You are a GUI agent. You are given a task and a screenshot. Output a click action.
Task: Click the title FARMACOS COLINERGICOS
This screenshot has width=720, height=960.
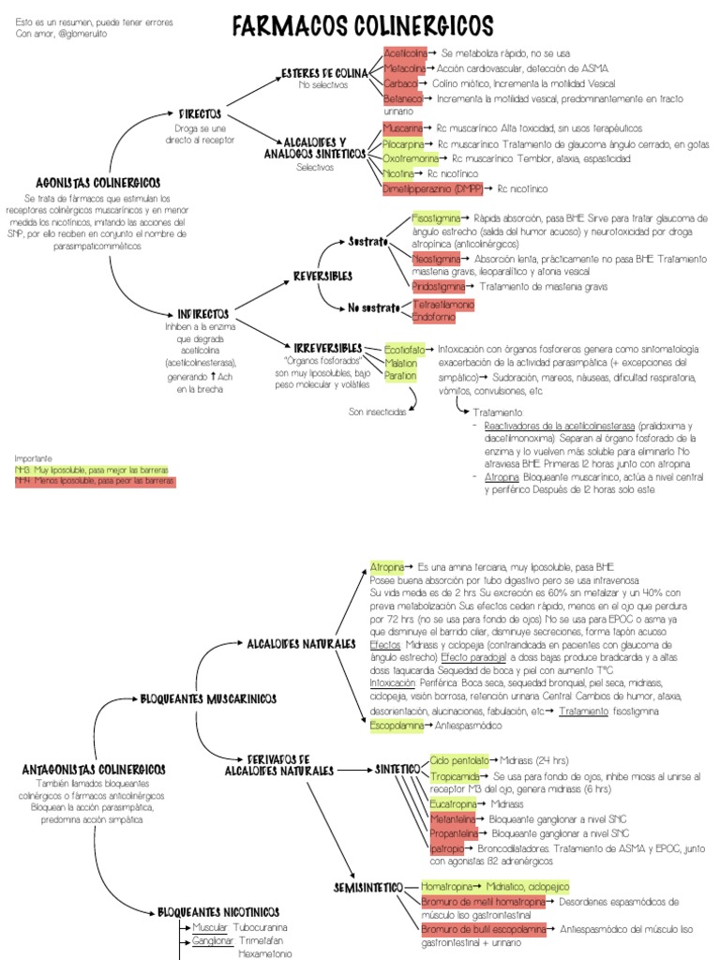[362, 24]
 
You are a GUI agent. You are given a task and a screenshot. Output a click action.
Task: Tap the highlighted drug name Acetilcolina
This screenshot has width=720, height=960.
[405, 53]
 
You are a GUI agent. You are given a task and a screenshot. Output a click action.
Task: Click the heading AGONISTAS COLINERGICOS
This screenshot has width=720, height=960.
[97, 183]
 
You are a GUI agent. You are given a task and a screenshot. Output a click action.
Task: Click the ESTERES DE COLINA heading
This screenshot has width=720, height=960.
[325, 72]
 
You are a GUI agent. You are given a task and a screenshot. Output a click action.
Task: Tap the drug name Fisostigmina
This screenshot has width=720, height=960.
[435, 217]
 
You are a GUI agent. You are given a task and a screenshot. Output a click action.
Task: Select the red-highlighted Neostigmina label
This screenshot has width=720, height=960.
[436, 258]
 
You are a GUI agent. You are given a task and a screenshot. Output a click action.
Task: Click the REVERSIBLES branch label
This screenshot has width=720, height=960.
[322, 277]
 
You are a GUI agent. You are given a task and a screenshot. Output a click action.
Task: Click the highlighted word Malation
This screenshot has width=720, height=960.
[401, 363]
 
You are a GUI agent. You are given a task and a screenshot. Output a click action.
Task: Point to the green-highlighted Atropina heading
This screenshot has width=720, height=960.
[386, 567]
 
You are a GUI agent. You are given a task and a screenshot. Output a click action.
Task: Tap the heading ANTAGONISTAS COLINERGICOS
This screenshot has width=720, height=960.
[94, 769]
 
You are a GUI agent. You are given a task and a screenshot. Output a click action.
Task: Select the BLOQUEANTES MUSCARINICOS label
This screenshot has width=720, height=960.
[207, 698]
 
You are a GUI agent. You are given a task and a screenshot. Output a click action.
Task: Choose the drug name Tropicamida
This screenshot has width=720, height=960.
[455, 777]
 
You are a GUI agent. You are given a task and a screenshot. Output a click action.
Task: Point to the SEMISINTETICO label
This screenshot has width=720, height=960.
[368, 887]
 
